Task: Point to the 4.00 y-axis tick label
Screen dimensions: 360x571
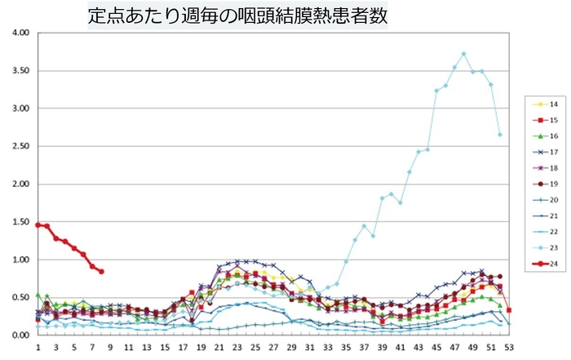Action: pyautogui.click(x=19, y=33)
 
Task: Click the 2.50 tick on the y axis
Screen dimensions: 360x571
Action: pyautogui.click(x=19, y=146)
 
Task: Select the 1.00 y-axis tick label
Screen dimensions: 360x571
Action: pyautogui.click(x=19, y=260)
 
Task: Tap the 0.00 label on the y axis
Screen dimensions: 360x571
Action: pyautogui.click(x=19, y=336)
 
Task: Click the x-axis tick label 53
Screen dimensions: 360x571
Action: pyautogui.click(x=508, y=346)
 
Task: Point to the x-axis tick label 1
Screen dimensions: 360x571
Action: pyautogui.click(x=38, y=346)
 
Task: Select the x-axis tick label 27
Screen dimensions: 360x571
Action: pyautogui.click(x=273, y=346)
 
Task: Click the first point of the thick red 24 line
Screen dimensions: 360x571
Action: pyautogui.click(x=38, y=224)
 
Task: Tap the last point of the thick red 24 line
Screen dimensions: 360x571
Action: pyautogui.click(x=101, y=272)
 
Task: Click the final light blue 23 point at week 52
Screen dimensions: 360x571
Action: pyautogui.click(x=499, y=135)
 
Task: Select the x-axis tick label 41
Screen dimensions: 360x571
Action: pyautogui.click(x=400, y=346)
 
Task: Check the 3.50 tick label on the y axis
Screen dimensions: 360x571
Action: pyautogui.click(x=19, y=70)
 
